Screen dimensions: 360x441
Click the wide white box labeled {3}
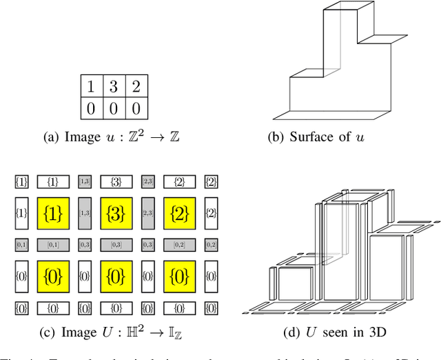[x=116, y=182]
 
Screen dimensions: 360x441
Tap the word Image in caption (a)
[x=82, y=137]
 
